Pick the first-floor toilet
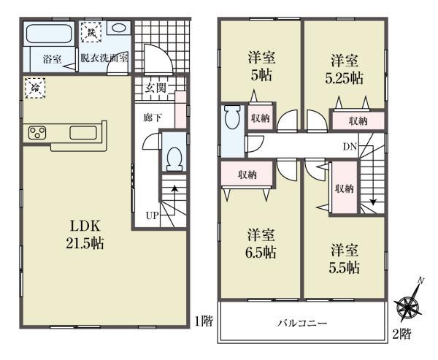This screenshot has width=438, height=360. tap(174, 156)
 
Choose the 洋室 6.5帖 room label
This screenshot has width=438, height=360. tap(261, 243)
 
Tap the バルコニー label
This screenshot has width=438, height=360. tap(301, 322)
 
